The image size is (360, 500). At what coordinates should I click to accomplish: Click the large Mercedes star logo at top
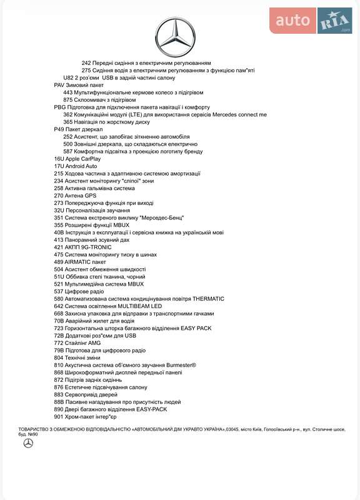coord(175,36)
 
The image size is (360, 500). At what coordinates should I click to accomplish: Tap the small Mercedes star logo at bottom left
coord(28,443)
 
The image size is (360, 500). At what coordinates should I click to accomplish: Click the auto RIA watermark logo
coord(311,21)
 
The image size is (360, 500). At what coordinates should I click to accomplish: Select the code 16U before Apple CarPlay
coord(59,159)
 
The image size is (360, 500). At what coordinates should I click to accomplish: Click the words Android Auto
coord(82,166)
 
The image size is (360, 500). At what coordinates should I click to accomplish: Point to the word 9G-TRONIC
coord(93,247)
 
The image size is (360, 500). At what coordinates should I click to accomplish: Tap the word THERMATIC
coord(208,299)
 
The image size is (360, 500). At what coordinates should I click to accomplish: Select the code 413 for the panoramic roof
coord(59,240)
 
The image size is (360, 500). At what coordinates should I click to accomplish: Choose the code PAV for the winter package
coord(59,85)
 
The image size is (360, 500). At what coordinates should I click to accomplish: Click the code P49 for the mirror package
coord(59,129)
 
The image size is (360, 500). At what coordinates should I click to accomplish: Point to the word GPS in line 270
coord(91,196)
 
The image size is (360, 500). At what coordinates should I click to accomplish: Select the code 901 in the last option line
coord(59,417)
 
